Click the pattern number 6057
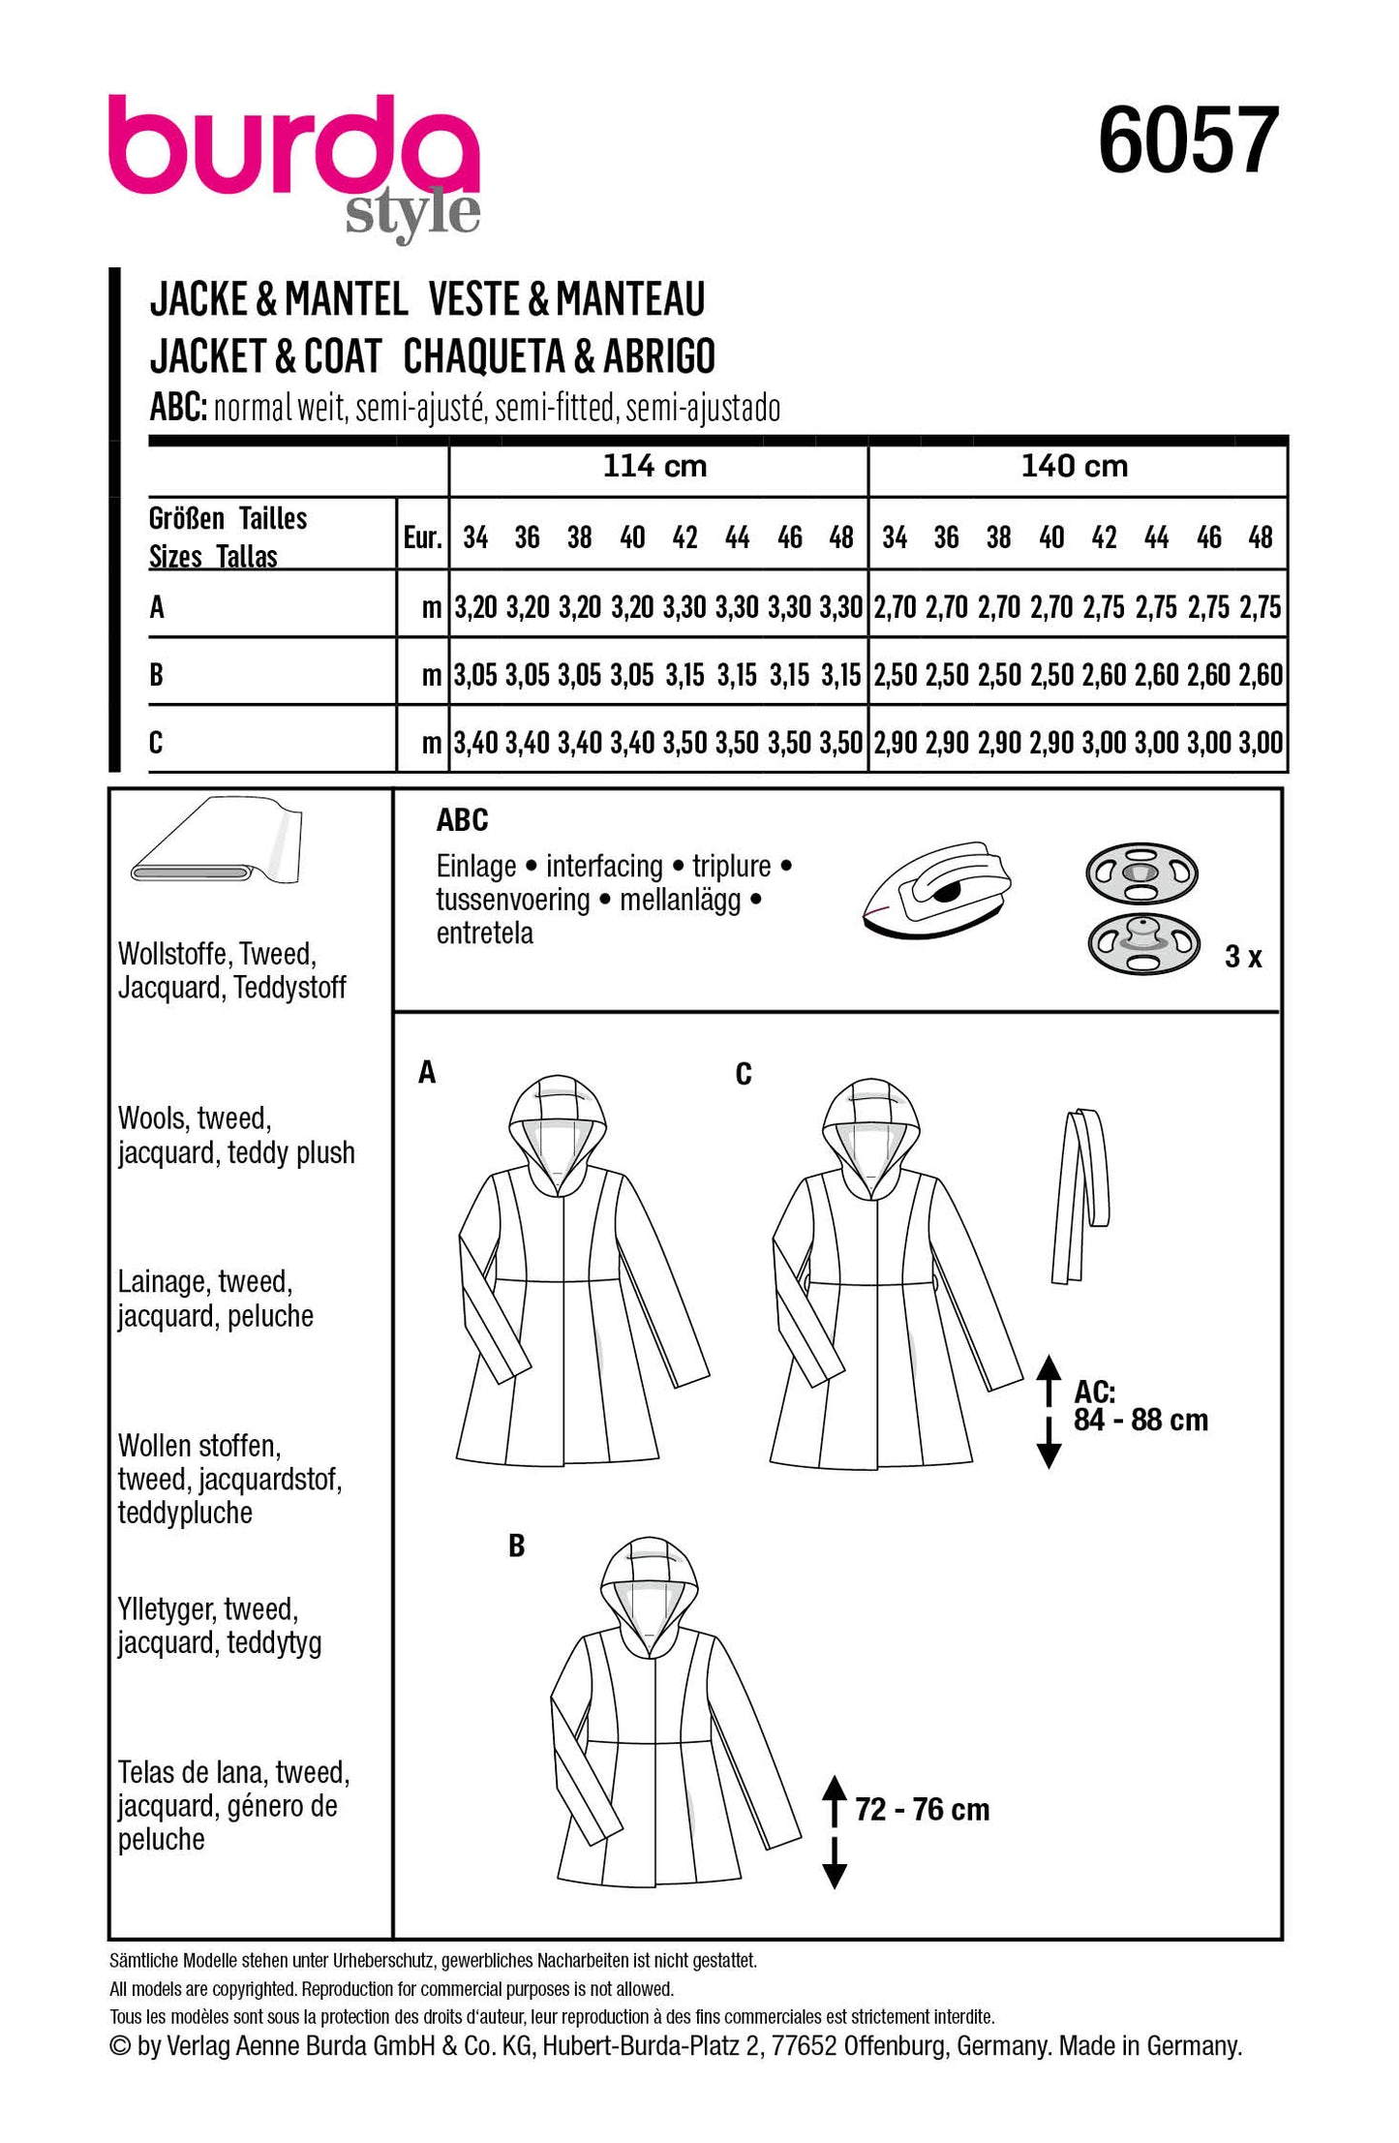[x=1188, y=141]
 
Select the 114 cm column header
[x=654, y=467]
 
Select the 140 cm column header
[x=1075, y=467]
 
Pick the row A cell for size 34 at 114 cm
[x=475, y=608]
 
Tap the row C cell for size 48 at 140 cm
[x=1261, y=744]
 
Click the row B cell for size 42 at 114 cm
[x=684, y=676]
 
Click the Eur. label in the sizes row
[x=422, y=538]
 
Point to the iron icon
[x=936, y=888]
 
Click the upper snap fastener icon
[x=1141, y=873]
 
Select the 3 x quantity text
[x=1243, y=957]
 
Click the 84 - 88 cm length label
[x=1140, y=1421]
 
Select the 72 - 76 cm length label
[x=922, y=1809]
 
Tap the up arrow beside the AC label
[x=1049, y=1378]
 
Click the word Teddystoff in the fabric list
[x=289, y=989]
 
